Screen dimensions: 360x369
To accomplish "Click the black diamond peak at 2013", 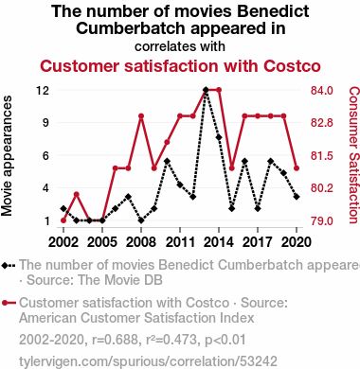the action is coord(206,90).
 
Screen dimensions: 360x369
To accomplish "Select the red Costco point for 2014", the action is coord(219,90).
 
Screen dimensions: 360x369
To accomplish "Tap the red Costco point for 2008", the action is coord(141,116).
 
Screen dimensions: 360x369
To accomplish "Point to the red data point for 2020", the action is coord(297,168).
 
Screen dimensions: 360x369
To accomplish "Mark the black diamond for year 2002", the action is coord(63,208).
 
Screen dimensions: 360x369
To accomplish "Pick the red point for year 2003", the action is coord(77,194).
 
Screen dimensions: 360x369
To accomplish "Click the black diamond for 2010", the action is coord(167,161).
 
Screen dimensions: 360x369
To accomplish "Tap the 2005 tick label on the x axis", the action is coord(102,242).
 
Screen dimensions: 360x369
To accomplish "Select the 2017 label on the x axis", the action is coord(258,242).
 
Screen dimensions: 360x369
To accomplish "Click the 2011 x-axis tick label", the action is coord(180,242).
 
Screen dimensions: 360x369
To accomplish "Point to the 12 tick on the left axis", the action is coord(43,91).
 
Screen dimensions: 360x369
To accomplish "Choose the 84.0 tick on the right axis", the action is coord(321,91).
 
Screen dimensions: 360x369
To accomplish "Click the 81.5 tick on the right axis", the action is coord(321,155).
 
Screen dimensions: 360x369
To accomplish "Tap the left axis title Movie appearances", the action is coord(7,155).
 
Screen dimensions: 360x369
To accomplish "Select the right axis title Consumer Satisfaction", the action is coord(354,155).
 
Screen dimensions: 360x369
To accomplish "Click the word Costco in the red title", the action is coord(292,66).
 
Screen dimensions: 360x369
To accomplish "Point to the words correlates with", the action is coord(180,46).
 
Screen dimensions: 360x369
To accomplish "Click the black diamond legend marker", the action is coord(5,266).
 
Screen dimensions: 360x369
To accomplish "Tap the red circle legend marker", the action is coord(5,303).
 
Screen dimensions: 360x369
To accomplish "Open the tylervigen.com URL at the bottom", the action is coord(148,361).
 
